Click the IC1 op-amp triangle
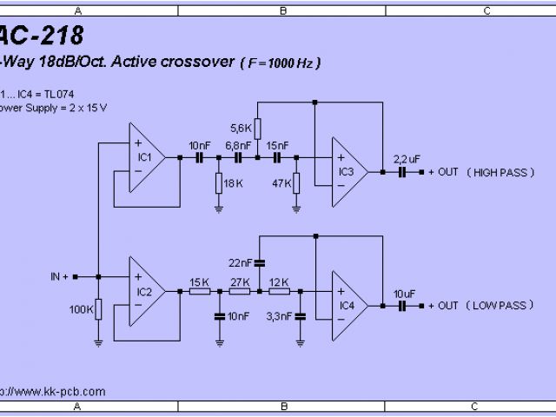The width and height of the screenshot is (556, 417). pyautogui.click(x=147, y=157)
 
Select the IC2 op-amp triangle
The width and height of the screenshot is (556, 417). pyautogui.click(x=147, y=291)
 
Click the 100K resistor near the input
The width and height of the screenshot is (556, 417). pyautogui.click(x=98, y=308)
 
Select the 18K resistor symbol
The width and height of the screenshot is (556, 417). pyautogui.click(x=217, y=183)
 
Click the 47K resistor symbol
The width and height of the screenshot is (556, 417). pyautogui.click(x=296, y=183)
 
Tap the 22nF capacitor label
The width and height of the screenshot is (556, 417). pyautogui.click(x=241, y=262)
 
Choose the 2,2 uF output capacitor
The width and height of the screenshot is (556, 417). pyautogui.click(x=402, y=172)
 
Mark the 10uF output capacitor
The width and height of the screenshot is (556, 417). pyautogui.click(x=402, y=306)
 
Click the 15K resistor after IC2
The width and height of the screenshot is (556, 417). pyautogui.click(x=199, y=291)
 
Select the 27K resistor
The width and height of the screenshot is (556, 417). pyautogui.click(x=240, y=291)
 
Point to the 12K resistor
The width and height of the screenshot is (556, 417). pyautogui.click(x=279, y=291)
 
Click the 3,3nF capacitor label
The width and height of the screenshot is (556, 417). pyautogui.click(x=279, y=316)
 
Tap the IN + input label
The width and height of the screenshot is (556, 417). pyautogui.click(x=60, y=276)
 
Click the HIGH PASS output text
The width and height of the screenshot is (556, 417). pyautogui.click(x=501, y=172)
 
